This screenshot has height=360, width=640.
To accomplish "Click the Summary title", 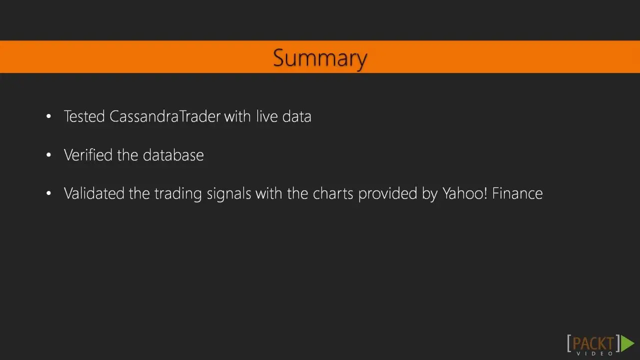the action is coord(320,58).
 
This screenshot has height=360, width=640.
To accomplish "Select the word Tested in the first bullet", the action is coord(84,116).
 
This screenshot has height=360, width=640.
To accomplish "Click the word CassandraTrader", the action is coord(165,116).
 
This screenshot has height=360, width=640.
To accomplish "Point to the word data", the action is coord(296,116).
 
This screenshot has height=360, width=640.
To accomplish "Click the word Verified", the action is coord(88,155).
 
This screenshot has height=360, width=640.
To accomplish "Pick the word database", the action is coord(173,155).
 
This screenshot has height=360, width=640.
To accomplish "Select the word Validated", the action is coord(94,193).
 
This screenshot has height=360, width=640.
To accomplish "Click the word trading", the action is coord(178,194).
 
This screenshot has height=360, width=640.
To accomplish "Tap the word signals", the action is coord(229,194).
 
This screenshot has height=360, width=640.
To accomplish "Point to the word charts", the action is coord(333,193).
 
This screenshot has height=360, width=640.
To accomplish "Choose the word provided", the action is coord(387,194).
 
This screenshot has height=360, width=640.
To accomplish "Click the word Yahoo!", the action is coord(465,193).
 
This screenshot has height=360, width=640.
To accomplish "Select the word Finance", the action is coord(517,193).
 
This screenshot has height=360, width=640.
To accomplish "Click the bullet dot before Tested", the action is coord(48,116).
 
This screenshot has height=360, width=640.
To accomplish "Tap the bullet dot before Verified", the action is coord(48,155).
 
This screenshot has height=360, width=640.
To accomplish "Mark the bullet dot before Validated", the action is coord(48,193).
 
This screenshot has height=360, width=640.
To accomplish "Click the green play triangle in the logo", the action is coord(627,343).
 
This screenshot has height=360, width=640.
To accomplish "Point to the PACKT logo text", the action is coord(593,343).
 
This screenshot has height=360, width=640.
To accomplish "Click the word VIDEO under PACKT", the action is coord(595,353).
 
